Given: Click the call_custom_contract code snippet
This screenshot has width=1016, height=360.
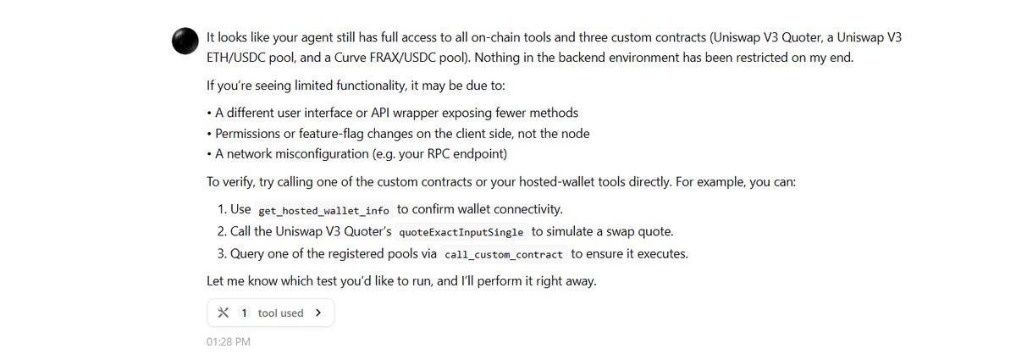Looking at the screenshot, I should (x=503, y=253).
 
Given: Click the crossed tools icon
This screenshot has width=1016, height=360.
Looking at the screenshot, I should (x=223, y=313).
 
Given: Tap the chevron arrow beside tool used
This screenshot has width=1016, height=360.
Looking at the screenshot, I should (x=317, y=313).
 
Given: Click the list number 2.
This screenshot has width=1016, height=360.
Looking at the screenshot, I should (x=222, y=231).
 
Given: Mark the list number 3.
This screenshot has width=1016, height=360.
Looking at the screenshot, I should (x=222, y=253).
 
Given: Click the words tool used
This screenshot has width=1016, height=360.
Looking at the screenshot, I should (x=280, y=313).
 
